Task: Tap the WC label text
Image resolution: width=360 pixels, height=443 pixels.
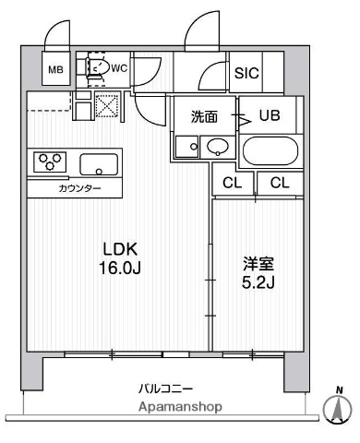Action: tap(118, 66)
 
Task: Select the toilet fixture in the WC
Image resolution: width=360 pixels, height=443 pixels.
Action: tap(95, 66)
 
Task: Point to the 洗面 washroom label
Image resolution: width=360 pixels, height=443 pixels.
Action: tap(204, 116)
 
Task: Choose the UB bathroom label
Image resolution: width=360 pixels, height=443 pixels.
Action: tap(270, 116)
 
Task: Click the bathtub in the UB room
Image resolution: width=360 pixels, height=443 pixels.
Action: tap(270, 150)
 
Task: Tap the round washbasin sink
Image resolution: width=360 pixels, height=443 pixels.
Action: tap(218, 146)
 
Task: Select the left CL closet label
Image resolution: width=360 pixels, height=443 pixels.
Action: tap(233, 183)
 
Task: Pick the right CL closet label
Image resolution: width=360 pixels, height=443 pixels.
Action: tap(280, 183)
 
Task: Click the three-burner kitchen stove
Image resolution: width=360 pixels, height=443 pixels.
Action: tap(51, 162)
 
